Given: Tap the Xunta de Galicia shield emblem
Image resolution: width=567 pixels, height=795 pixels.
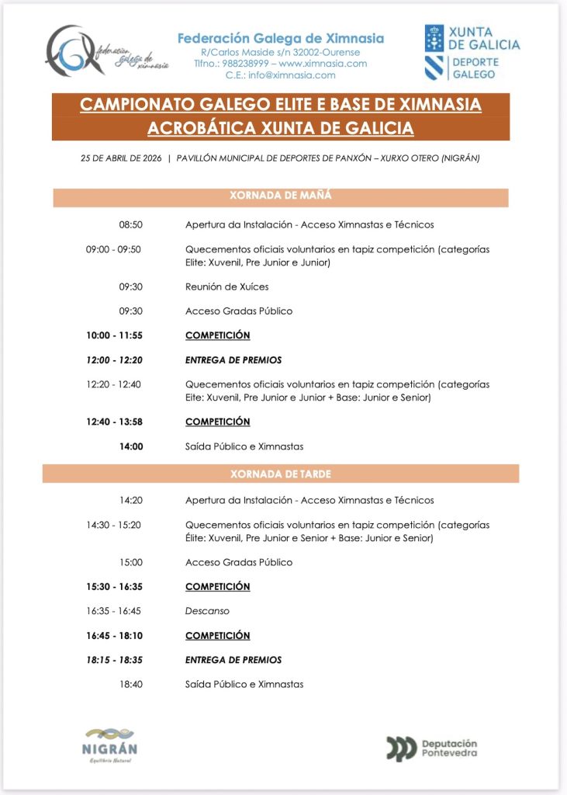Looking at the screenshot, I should click(434, 38).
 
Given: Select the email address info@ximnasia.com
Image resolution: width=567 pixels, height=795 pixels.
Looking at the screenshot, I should click(292, 75).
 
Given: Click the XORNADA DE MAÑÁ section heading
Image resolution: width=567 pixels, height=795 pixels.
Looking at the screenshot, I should click(281, 196).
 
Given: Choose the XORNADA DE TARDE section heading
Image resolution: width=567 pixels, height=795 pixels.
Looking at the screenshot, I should click(281, 473).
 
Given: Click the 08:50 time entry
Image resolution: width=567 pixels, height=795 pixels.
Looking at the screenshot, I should click(130, 225).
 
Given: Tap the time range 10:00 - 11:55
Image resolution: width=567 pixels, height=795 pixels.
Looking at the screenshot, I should click(114, 335).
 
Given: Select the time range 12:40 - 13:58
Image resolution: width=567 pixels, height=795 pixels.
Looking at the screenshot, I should click(114, 422).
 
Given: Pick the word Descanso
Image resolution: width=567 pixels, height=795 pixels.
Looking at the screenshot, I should click(207, 611).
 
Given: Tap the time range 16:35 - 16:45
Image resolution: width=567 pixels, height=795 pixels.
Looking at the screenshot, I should click(114, 611).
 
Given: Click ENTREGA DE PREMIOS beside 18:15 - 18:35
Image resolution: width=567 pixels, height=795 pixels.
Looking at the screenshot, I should click(233, 660).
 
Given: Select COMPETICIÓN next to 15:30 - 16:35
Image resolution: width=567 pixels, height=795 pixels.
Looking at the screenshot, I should click(217, 586).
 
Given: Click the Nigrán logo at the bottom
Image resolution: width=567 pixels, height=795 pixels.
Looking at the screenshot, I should click(109, 744).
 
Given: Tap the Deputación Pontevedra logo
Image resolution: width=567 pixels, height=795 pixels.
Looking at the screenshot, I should click(432, 748).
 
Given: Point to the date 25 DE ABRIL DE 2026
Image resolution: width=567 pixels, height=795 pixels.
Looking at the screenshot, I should click(121, 158).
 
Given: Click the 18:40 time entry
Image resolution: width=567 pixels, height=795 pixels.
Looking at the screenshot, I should click(130, 684).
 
